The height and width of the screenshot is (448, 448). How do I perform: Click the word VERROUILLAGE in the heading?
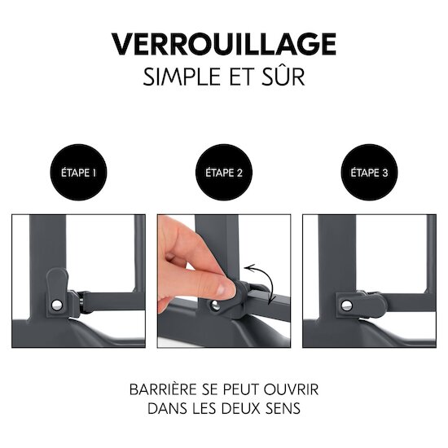click(224, 44)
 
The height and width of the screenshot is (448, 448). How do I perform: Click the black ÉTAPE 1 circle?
click(78, 173)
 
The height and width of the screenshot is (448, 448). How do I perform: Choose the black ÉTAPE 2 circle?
click(224, 173)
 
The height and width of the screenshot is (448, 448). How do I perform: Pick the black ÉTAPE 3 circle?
click(369, 173)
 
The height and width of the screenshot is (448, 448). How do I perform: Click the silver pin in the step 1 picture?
click(56, 305)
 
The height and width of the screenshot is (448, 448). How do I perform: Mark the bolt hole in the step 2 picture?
click(214, 306)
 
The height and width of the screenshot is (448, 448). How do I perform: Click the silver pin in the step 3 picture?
click(346, 305)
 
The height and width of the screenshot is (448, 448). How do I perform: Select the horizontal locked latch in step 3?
click(362, 305)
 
